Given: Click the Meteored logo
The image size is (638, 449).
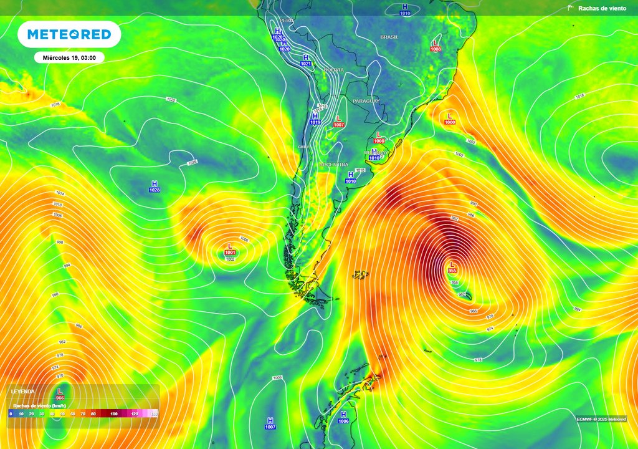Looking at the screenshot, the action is (69, 34).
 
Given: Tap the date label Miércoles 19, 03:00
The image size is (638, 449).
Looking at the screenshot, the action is (69, 57).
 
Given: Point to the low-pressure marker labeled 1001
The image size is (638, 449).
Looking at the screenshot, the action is (230, 249).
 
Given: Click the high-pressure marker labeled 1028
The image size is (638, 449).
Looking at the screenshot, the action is (155, 186).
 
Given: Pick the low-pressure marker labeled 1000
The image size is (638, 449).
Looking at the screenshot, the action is (450, 118).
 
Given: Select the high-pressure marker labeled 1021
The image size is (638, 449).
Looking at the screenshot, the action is (306, 60).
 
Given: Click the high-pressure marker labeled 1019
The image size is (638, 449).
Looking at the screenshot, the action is (315, 119).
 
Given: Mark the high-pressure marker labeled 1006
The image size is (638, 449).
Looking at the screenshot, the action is (343, 418).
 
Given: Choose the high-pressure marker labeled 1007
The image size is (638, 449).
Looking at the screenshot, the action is (270, 423).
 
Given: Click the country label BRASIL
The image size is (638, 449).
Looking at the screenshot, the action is (389, 37).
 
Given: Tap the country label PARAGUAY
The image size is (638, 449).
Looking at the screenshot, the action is (366, 101).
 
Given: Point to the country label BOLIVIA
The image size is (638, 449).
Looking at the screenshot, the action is (333, 70).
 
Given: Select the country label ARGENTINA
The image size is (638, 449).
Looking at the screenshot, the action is (334, 164).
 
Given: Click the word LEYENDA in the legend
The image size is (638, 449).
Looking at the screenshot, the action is (23, 392).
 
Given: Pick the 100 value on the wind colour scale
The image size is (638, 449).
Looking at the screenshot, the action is (114, 413).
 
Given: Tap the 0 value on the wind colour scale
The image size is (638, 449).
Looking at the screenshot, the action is (11, 413).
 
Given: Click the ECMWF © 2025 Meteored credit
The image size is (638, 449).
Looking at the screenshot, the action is (601, 419).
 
